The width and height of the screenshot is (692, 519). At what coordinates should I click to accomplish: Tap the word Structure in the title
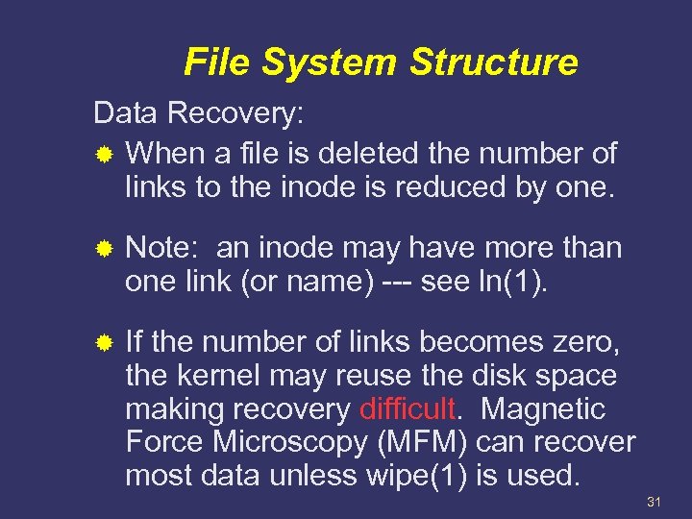(x=494, y=63)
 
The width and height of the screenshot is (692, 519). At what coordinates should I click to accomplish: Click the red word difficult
(x=408, y=409)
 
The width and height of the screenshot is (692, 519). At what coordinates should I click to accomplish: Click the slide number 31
(x=656, y=502)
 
